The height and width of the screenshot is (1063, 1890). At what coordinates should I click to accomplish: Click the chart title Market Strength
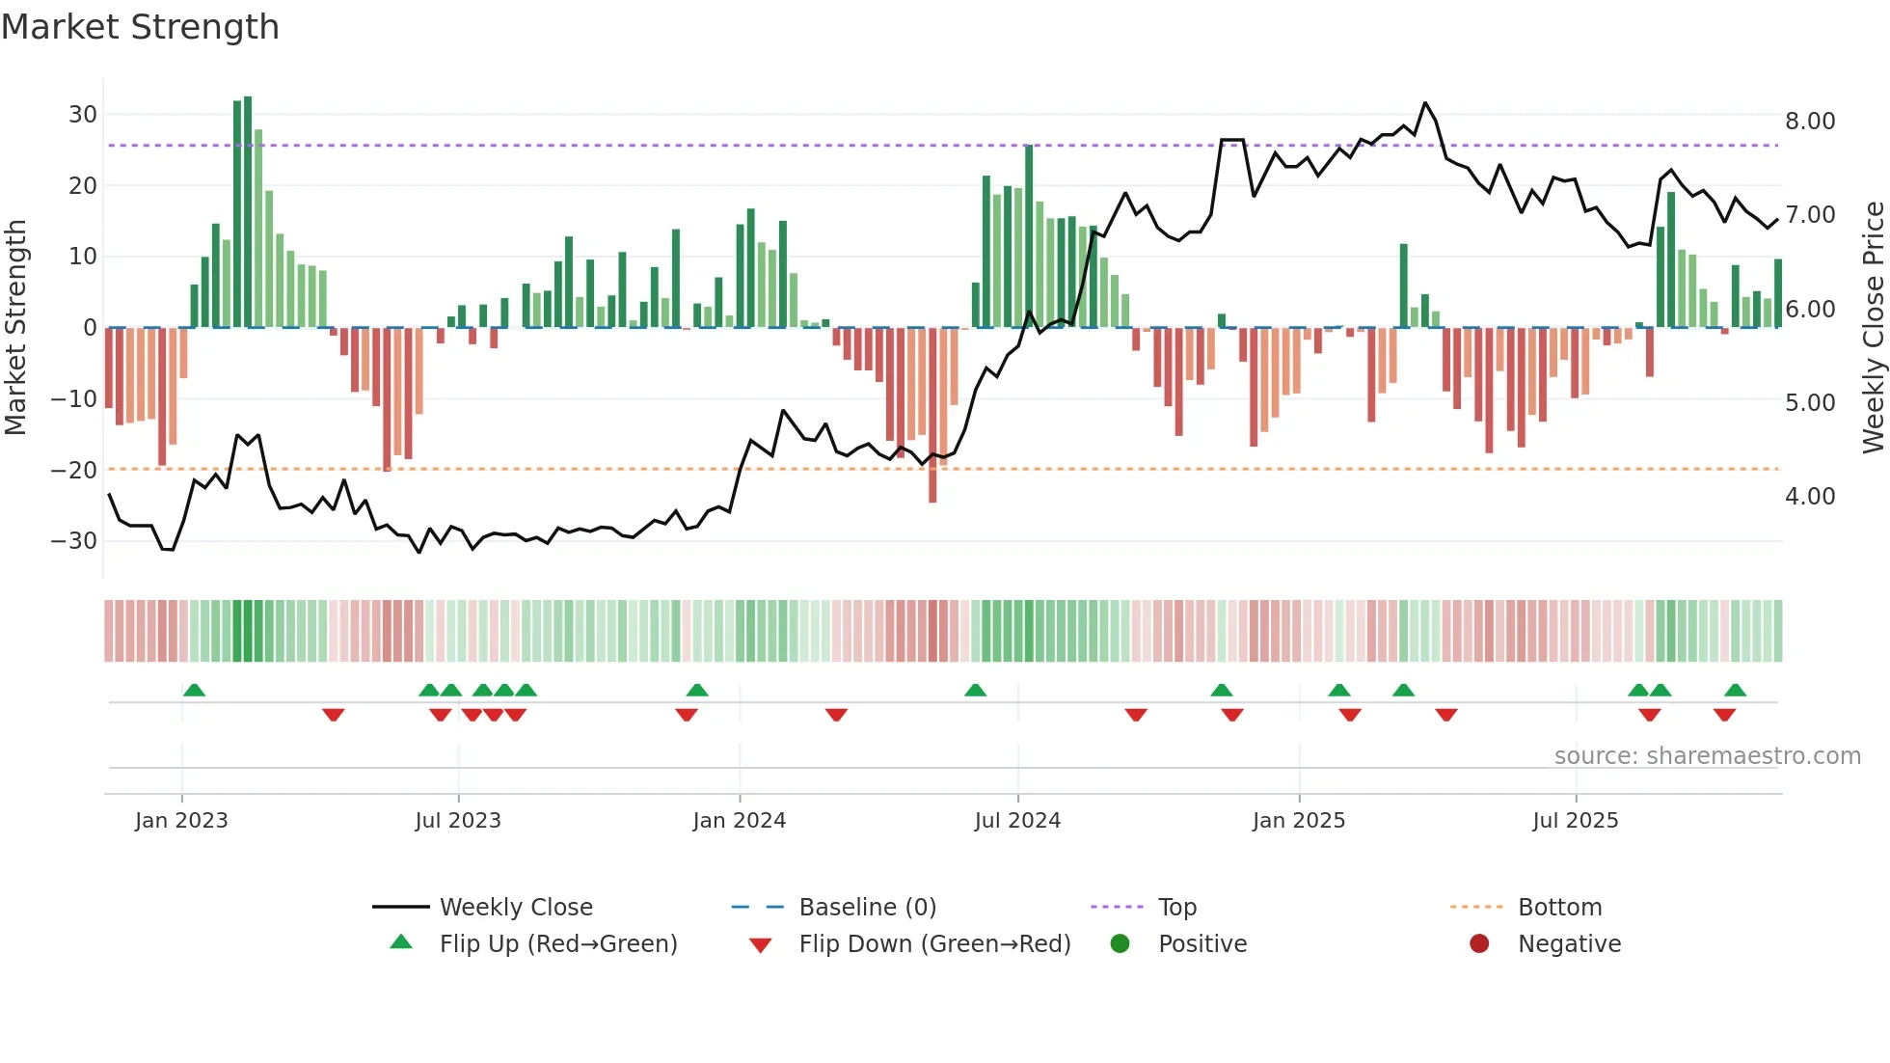coord(140,27)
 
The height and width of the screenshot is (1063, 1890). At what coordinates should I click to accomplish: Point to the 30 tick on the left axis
coord(83,115)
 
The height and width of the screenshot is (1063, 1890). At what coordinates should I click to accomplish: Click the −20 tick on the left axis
coord(75,471)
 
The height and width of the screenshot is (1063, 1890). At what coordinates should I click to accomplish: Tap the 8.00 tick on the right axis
coord(1809,122)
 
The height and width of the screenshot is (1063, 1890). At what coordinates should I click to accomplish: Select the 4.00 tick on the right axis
coord(1809,497)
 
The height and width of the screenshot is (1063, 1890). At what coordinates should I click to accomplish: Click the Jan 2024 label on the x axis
coord(739,821)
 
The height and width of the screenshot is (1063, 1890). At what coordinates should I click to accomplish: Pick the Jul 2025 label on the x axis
coord(1575,821)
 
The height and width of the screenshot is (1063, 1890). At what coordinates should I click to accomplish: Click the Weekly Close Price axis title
coord(1873,328)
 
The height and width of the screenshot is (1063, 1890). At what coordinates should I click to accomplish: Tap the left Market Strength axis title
coord(15,328)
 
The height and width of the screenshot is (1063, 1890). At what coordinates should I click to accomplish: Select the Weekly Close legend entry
coord(515,908)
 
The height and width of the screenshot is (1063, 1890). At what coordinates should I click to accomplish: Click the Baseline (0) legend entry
coord(867,908)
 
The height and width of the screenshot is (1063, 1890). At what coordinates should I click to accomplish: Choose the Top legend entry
coord(1176,908)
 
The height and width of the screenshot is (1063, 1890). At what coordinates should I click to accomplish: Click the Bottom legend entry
coord(1559,908)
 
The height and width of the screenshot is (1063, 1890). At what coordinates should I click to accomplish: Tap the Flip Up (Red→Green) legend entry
coord(557,944)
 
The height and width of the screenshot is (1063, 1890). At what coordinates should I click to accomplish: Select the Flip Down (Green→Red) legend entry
coord(933,944)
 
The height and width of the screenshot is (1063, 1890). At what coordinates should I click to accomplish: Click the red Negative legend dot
coord(1478,944)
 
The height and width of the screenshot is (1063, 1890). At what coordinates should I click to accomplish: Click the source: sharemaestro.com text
coord(1707,756)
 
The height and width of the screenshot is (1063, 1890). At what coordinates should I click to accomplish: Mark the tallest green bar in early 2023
coord(248,212)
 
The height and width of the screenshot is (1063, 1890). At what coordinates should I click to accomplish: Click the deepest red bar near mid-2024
coord(932,415)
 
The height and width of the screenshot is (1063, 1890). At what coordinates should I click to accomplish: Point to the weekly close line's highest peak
coord(1425,103)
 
